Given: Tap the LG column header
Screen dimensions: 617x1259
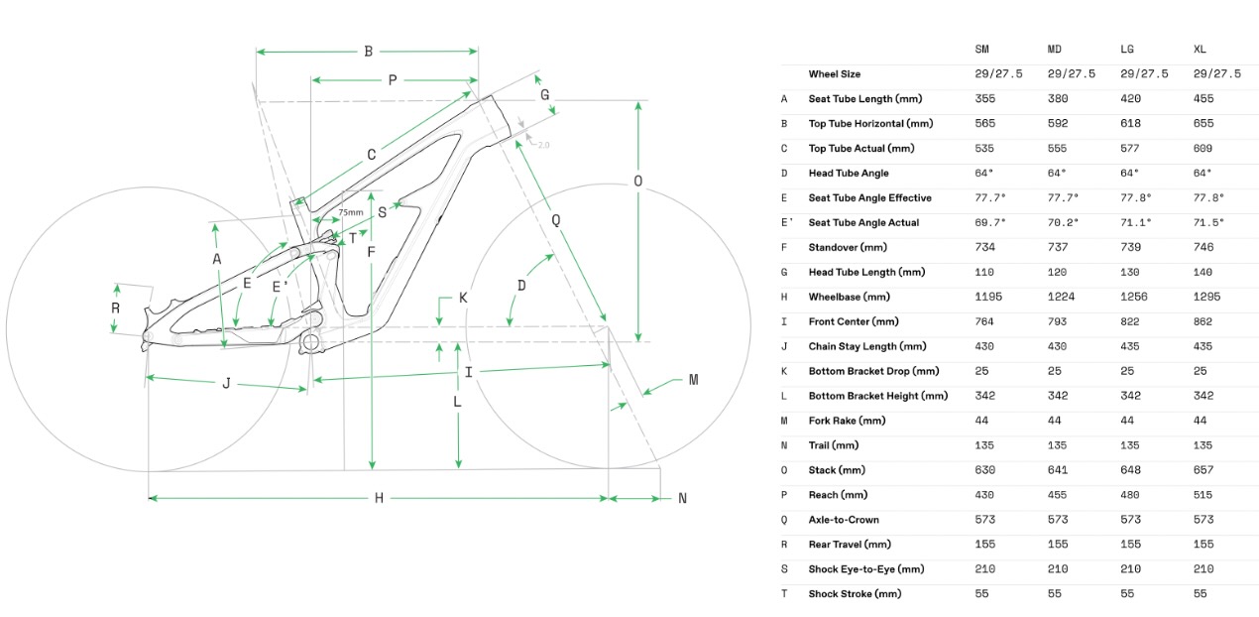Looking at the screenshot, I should (1126, 50).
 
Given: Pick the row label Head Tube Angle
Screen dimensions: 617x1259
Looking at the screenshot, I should (848, 173).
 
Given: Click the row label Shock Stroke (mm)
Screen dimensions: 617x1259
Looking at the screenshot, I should (855, 594).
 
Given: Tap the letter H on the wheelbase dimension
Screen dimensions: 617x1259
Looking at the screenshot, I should (379, 498).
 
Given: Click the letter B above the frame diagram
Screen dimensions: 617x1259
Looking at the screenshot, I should (368, 52).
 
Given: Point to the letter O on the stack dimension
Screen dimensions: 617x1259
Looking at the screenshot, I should (637, 182).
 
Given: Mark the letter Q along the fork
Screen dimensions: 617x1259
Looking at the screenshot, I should (556, 220).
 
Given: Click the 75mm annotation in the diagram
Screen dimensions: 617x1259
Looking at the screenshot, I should (351, 212).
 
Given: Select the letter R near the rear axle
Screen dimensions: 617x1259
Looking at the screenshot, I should (115, 308).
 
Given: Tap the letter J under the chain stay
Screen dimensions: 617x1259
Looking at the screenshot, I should (226, 383).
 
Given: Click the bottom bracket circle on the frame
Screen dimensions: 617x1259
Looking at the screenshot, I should (310, 343).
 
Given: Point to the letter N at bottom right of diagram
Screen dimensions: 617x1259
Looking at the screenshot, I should (682, 499).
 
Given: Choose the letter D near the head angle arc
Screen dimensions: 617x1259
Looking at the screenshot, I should (521, 286).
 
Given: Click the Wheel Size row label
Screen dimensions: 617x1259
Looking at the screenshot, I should (834, 74).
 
